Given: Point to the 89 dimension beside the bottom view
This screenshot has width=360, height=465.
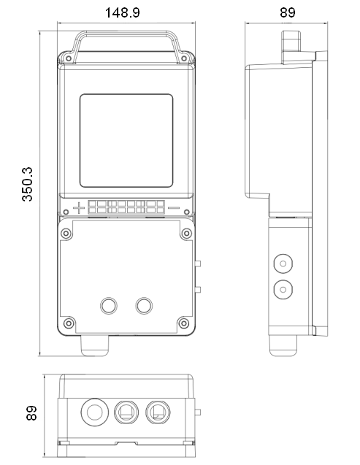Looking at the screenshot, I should click(31, 413).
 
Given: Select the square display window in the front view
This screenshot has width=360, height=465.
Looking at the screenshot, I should click(126, 139).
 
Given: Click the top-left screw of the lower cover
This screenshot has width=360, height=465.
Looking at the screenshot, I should click(67, 234).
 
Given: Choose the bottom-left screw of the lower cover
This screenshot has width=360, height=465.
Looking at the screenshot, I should click(69, 323).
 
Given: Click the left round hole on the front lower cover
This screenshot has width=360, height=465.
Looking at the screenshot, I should click(109, 304).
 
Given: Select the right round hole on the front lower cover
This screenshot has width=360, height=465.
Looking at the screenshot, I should click(145, 304).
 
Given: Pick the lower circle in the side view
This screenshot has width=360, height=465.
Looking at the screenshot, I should click(282, 290).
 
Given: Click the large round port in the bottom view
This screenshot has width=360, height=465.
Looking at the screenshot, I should click(91, 412).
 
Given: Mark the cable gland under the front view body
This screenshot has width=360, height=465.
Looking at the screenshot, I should click(94, 345).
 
